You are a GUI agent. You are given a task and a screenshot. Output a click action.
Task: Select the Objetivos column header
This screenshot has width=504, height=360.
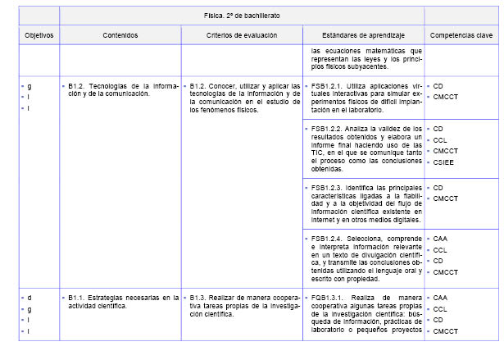tap(39, 36)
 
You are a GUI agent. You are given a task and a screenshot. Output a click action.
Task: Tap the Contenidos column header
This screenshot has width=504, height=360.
tap(120, 36)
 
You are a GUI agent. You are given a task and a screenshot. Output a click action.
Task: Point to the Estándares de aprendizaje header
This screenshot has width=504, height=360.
tap(362, 36)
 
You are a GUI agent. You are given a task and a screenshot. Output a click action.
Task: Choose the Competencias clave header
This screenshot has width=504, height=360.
tap(461, 36)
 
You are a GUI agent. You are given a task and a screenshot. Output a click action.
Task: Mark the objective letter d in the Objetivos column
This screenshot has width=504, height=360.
tap(30, 297)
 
